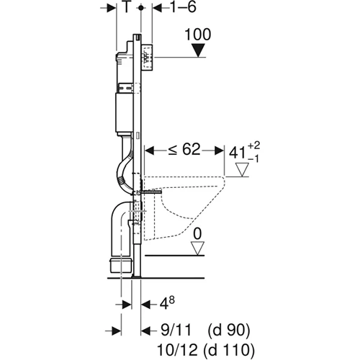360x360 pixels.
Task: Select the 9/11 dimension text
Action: click(x=174, y=330)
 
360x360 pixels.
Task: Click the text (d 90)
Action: click(x=228, y=330)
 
